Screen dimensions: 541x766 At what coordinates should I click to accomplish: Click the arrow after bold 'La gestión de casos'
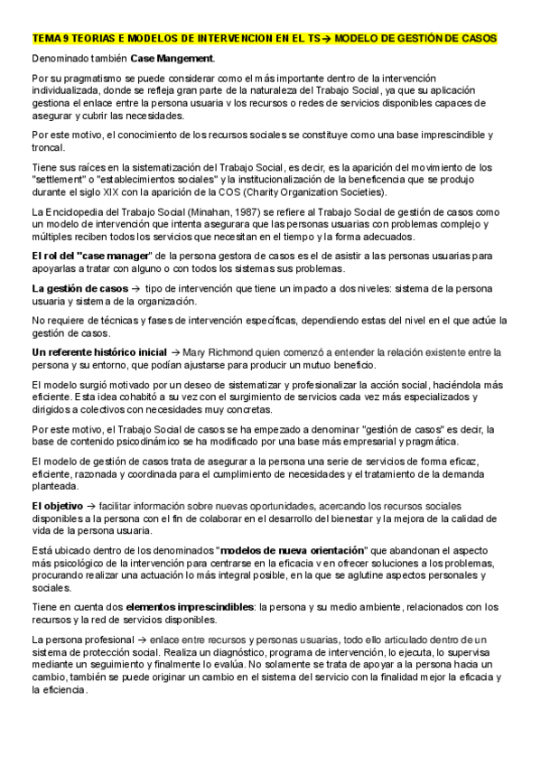136,288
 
